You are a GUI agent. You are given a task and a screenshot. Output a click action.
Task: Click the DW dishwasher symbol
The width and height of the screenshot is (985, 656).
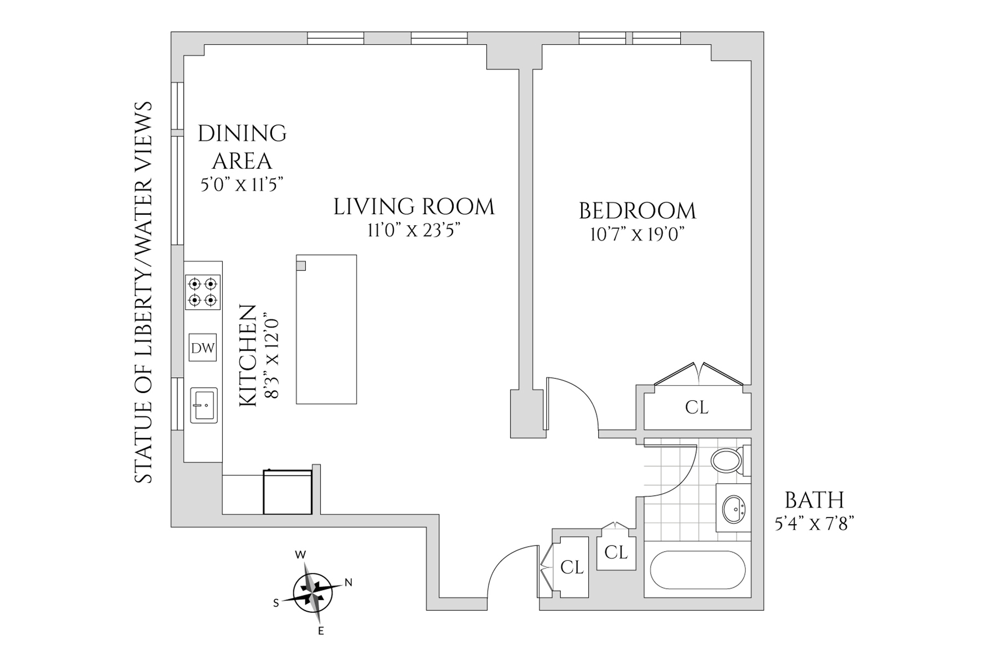pos(202,348)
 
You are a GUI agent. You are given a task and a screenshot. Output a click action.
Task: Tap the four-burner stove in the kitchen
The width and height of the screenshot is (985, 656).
pos(202,292)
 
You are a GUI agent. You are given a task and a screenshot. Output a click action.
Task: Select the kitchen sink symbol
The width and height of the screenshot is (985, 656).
pos(204,405)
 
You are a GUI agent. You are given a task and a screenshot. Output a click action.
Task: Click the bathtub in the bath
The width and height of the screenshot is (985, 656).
pos(698,570)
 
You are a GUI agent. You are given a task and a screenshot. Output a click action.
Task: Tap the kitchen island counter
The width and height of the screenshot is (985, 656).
pos(327,329)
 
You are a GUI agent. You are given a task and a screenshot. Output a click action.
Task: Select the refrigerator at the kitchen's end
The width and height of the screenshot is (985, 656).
pos(288,492)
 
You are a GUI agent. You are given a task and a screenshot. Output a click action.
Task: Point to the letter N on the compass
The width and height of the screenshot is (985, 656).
pos(348,583)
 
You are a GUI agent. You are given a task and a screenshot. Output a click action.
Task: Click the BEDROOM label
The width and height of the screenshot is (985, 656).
pos(638,211)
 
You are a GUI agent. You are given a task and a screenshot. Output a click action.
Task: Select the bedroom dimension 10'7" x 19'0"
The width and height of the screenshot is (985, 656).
pos(638,235)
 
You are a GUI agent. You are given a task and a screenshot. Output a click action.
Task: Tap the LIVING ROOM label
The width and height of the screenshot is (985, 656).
pos(414,207)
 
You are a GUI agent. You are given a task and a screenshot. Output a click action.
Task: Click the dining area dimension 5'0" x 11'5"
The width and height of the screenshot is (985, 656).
pos(242,185)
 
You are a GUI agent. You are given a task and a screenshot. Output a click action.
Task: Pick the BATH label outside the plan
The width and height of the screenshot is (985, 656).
pos(814,500)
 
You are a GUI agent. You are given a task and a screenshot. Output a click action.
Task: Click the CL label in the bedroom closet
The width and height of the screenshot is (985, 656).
pos(697,407)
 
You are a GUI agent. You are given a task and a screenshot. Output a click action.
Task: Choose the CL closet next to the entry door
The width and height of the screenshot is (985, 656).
pos(572,567)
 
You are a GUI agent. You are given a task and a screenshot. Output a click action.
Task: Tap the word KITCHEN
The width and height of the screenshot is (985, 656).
pos(248,355)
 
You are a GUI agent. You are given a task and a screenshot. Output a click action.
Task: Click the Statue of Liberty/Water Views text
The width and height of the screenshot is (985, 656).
pos(143,292)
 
